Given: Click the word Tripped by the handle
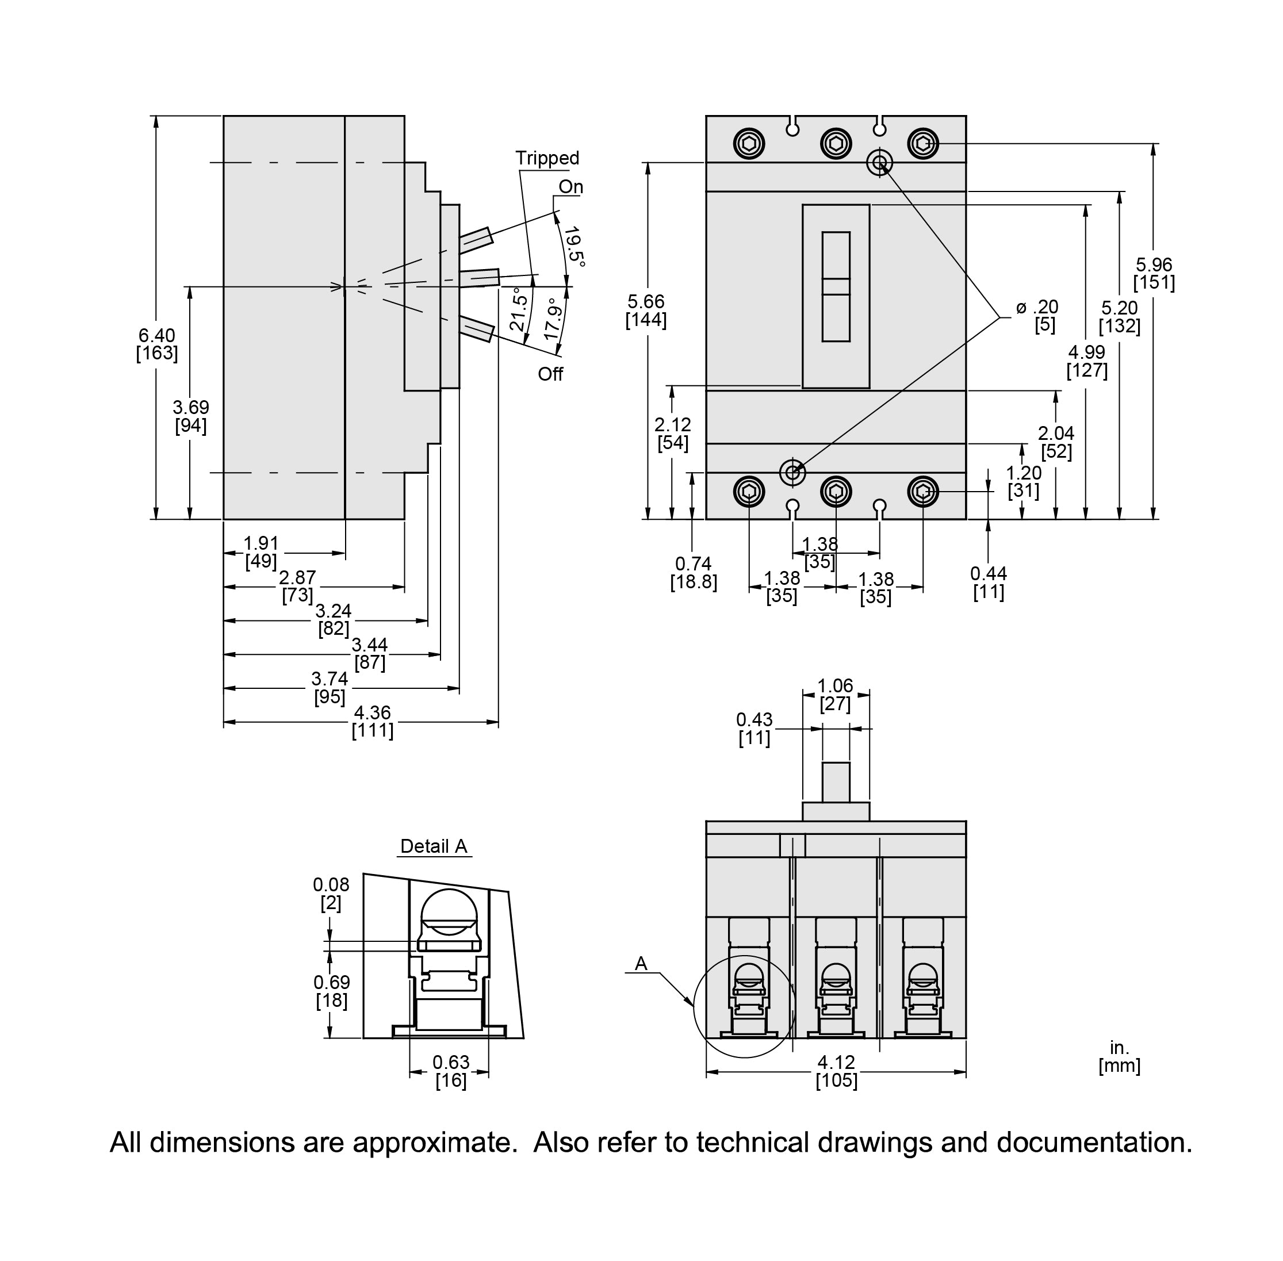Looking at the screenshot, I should tap(546, 158).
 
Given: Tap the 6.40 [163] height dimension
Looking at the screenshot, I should tap(156, 344).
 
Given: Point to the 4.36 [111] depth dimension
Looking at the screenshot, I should tap(372, 721).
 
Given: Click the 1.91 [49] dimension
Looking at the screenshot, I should tap(261, 551).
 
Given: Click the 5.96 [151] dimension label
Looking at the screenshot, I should tap(1153, 274).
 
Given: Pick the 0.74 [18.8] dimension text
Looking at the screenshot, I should tap(693, 573).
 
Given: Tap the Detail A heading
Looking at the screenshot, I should tap(434, 846).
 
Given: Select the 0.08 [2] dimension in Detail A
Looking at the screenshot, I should tap(331, 893).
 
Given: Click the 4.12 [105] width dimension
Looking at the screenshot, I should tap(836, 1071).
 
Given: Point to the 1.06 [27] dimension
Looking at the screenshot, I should tap(834, 694).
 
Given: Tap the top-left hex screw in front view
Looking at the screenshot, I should tap(749, 143).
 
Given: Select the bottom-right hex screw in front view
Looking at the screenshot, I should tap(922, 492).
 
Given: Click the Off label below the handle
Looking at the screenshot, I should tap(550, 374).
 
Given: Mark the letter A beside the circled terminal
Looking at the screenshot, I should tap(641, 964).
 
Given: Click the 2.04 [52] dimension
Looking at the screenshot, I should tap(1055, 442).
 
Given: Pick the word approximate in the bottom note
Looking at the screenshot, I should tap(434, 1142).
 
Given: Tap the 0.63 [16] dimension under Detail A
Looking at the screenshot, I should tap(450, 1071).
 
